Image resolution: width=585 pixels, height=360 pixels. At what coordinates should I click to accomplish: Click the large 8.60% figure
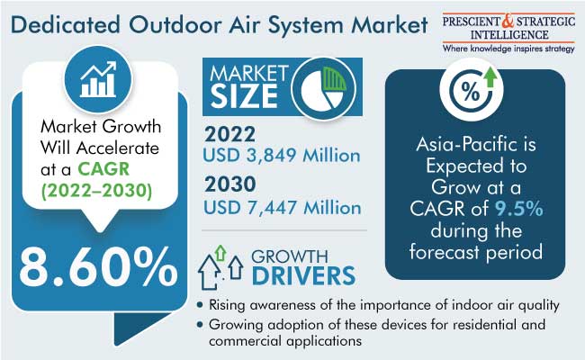coord(98,267)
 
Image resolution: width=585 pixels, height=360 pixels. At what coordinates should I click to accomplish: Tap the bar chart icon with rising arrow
coord(98,79)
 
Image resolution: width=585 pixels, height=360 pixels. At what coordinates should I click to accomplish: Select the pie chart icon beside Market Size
coord(323,88)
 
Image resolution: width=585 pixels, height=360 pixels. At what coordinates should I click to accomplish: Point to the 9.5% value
coord(519,209)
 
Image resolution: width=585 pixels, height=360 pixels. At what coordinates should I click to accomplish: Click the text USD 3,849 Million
coord(282,156)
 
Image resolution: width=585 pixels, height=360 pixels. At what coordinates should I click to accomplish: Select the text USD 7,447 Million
coord(282,207)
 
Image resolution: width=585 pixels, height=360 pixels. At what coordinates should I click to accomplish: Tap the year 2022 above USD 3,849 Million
coord(229,134)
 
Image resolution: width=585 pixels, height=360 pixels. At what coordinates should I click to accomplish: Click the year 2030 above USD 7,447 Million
coord(230,184)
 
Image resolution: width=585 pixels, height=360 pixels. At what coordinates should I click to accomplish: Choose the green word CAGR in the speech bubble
coord(103,169)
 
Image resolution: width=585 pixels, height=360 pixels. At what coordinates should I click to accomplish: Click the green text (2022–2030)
coord(96,191)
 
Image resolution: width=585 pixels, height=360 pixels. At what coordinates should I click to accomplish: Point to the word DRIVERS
coord(303,275)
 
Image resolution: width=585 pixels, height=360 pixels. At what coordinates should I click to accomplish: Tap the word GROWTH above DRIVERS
coord(290,256)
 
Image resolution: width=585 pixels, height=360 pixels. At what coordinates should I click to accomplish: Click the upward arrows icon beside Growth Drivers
coord(220,267)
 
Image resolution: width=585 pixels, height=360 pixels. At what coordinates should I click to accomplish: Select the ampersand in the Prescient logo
coord(508,22)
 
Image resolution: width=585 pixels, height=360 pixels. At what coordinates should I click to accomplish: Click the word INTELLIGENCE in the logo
coord(509,35)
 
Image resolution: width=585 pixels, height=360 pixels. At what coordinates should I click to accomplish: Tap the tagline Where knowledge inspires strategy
coord(508,49)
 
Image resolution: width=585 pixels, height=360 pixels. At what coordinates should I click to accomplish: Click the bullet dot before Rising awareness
coord(201,305)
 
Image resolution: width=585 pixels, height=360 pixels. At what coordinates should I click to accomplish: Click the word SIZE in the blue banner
coord(244,96)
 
